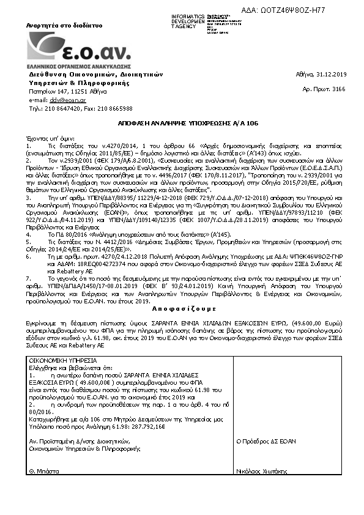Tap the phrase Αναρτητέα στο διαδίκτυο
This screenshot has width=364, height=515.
[54, 26]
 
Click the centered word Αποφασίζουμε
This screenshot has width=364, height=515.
[181, 310]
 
